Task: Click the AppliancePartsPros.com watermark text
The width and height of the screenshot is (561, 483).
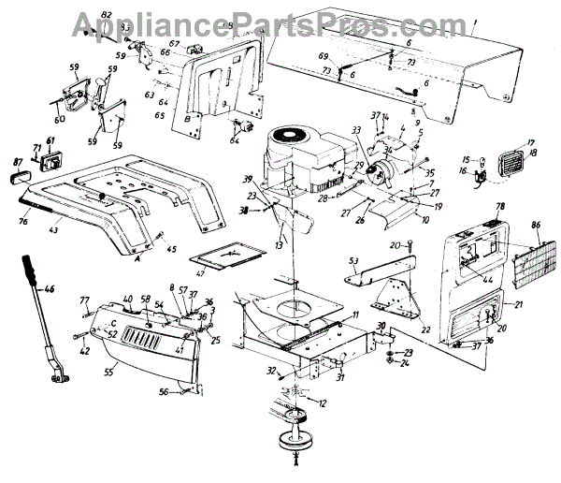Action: [x=280, y=21]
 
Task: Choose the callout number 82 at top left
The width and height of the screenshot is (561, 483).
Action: [x=106, y=16]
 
